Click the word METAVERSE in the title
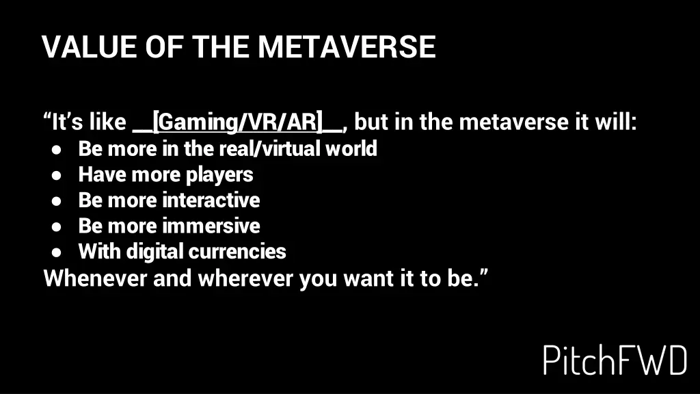(346, 47)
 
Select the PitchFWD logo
(615, 360)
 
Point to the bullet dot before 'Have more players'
(58, 175)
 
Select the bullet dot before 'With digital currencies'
(58, 252)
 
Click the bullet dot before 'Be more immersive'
(58, 226)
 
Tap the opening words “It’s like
(85, 123)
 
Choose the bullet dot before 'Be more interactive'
(58, 200)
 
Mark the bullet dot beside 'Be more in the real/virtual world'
(58, 149)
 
